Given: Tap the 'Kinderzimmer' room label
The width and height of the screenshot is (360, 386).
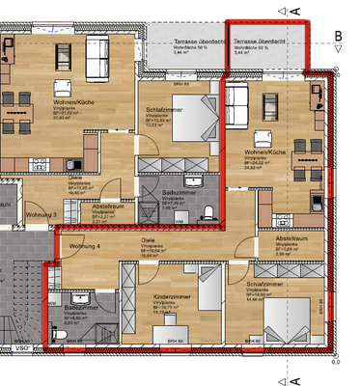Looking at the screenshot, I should click(169, 297).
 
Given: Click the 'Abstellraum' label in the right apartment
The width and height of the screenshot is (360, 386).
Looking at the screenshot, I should click(290, 237).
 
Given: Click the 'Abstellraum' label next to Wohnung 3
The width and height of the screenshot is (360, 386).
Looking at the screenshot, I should click(107, 206).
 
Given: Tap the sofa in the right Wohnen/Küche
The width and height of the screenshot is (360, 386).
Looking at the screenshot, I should click(238, 100).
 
